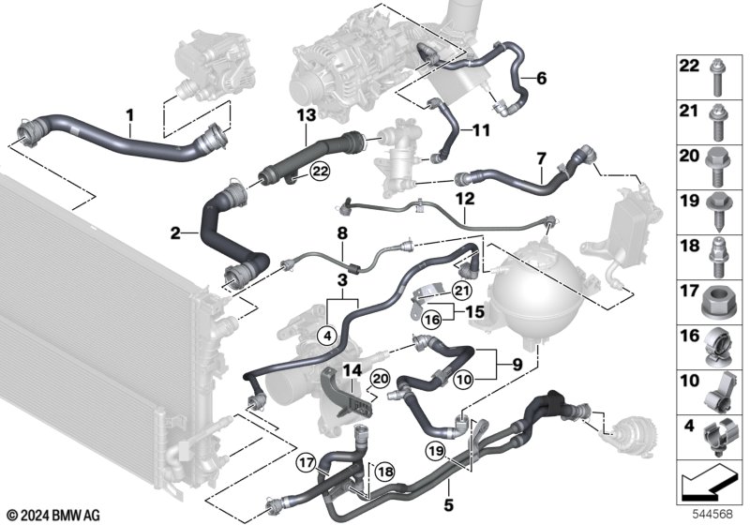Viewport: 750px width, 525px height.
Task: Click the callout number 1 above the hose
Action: [130, 115]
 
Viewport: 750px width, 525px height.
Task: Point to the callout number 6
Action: [540, 80]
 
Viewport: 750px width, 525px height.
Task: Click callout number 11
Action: [481, 130]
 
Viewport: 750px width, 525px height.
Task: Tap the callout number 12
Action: [465, 199]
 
